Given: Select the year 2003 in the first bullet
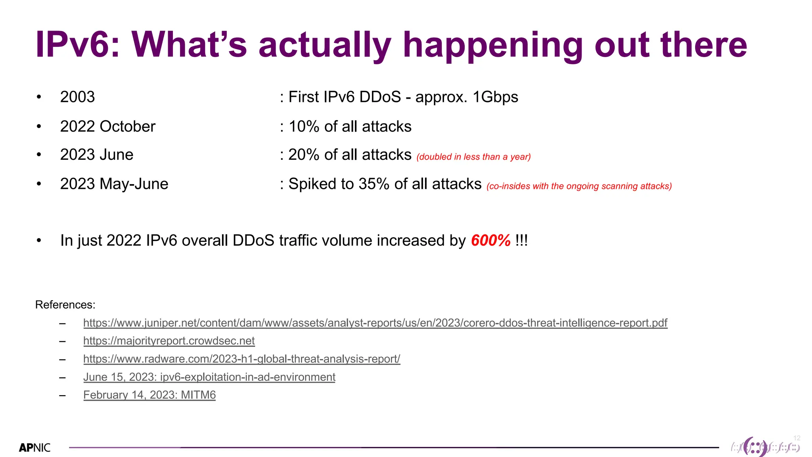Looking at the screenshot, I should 77,97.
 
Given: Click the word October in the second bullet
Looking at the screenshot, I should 127,127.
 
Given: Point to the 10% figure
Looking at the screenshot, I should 304,127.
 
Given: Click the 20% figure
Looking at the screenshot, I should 304,155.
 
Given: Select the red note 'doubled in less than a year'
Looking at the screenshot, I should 473,157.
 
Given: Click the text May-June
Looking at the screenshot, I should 134,184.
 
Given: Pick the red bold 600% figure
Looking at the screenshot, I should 491,241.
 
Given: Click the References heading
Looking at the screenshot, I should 65,305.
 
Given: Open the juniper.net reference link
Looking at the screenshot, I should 375,323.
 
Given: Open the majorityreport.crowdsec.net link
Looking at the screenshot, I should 169,341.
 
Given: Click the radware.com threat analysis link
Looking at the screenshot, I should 241,359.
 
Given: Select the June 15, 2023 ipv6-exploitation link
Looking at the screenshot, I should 209,377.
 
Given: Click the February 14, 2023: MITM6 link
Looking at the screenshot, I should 149,395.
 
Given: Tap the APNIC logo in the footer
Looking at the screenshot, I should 35,448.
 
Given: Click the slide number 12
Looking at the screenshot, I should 797,438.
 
